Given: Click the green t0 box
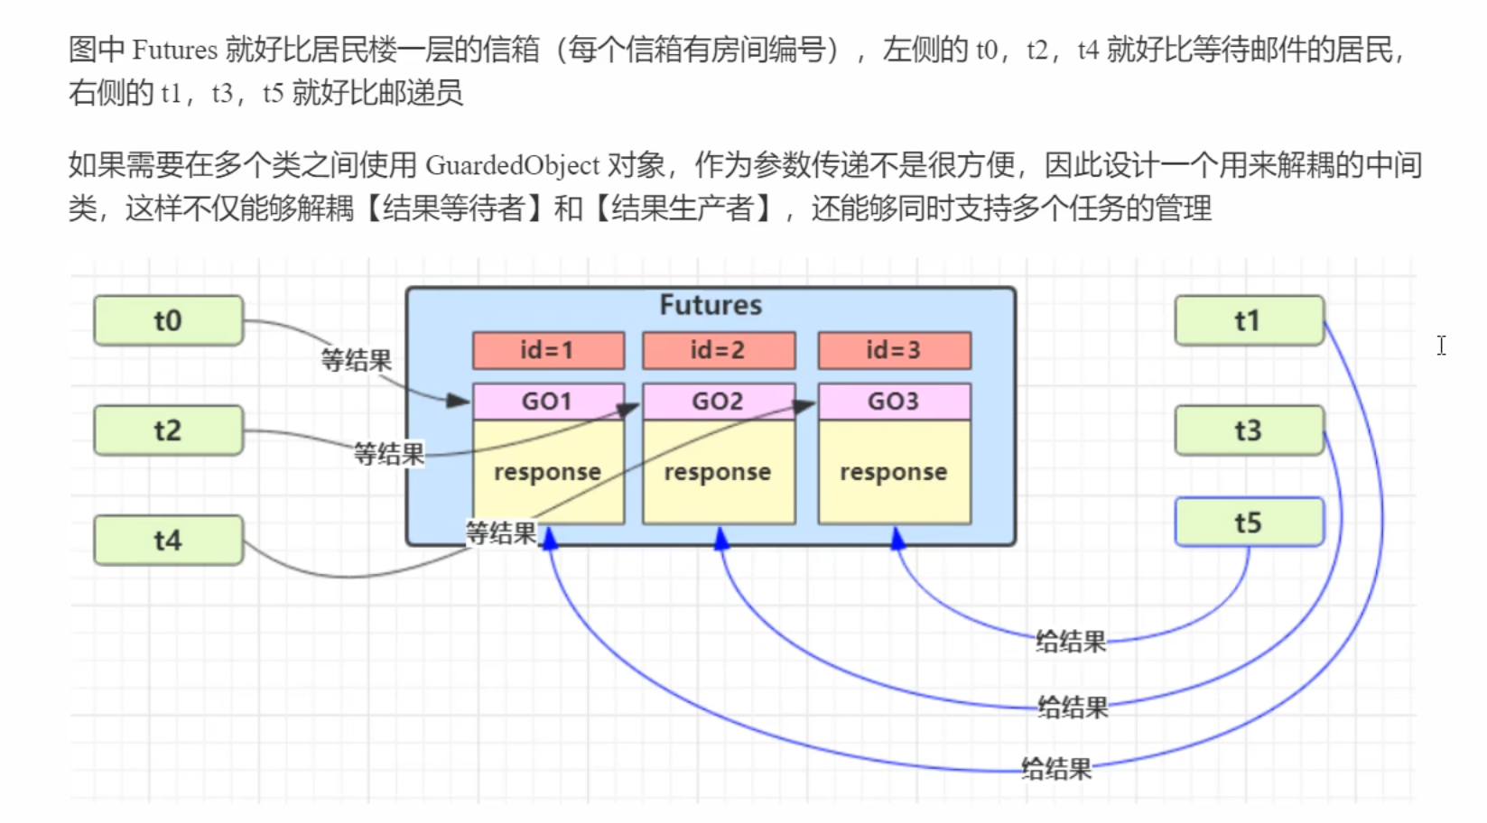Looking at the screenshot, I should click(168, 320).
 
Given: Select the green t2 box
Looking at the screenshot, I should click(168, 430).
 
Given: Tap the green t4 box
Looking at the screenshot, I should click(168, 541).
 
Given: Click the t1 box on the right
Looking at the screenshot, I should click(1248, 320).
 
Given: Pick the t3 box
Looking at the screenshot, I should click(1248, 430).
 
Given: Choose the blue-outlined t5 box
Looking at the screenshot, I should click(1248, 522).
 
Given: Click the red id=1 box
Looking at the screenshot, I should click(547, 350).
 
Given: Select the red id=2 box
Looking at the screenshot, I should click(718, 350).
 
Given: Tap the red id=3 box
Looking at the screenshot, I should click(894, 350).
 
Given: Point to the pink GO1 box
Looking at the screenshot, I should click(547, 402).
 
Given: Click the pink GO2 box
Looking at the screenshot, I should click(718, 402).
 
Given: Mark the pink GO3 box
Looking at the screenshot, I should click(894, 402).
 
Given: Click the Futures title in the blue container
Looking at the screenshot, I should click(711, 305).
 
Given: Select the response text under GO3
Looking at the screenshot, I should click(894, 472).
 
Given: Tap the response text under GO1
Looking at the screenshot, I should click(547, 472).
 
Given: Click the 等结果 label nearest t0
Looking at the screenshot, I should click(357, 361).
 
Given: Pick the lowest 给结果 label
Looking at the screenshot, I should click(1056, 769).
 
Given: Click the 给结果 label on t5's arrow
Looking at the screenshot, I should click(1071, 642).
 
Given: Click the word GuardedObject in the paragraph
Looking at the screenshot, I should click(512, 165).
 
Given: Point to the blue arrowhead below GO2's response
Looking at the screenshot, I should click(721, 540).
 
